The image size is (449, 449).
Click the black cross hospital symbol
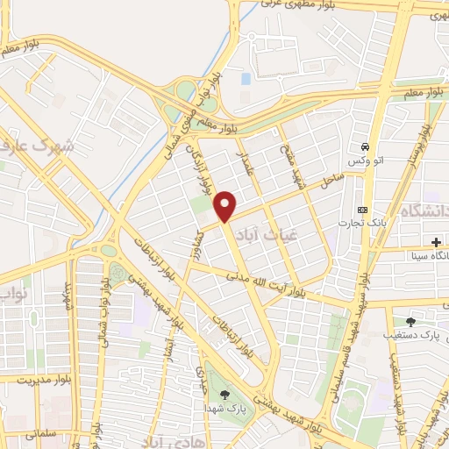coord(436,241)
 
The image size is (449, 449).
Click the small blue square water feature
coord(245,79)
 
